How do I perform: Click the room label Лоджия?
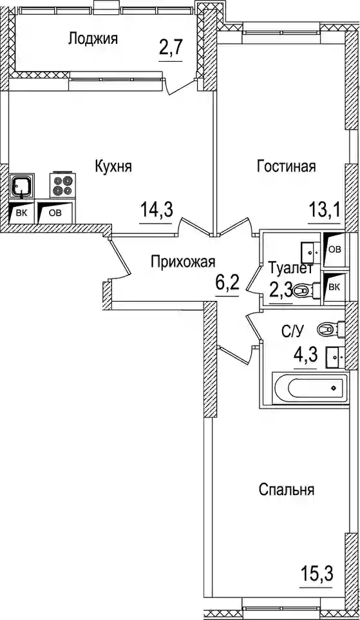(93, 39)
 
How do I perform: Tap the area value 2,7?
(171, 51)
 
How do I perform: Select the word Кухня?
(113, 166)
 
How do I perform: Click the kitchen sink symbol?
(22, 186)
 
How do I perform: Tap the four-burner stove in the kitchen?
(62, 185)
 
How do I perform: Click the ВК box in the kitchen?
(21, 213)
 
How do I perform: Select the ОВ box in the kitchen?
(55, 213)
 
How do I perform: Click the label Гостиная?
(287, 166)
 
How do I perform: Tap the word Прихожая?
(183, 262)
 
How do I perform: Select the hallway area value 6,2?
(227, 283)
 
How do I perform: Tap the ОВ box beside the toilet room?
(334, 249)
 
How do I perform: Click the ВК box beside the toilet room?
(334, 287)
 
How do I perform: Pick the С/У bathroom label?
(293, 332)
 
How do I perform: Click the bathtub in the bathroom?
(310, 388)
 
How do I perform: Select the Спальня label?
(287, 490)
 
